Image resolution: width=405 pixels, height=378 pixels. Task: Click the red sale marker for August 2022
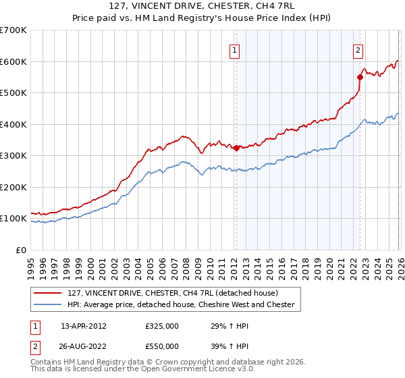tap(360, 77)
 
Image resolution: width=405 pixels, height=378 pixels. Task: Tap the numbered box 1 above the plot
tap(234, 49)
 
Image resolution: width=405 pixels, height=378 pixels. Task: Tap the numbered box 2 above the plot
tap(357, 49)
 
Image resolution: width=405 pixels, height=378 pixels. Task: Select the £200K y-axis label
tap(13, 187)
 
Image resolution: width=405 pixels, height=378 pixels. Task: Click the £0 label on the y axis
tap(20, 250)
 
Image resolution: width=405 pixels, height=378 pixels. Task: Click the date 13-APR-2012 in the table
tap(84, 325)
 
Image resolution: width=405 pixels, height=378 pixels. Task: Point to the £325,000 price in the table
tap(162, 325)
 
